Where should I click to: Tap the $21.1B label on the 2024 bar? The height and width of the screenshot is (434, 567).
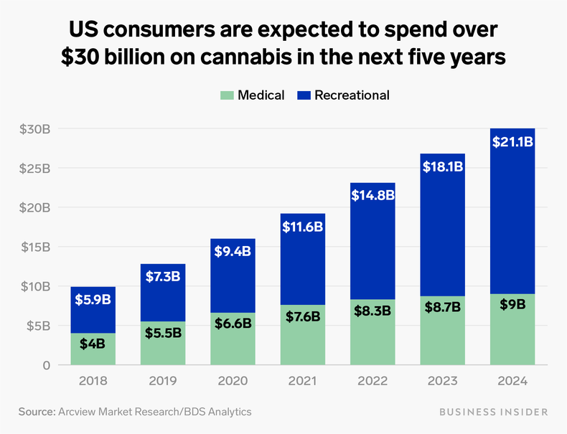tap(512, 142)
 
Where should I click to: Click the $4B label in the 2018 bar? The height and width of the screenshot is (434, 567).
tap(93, 343)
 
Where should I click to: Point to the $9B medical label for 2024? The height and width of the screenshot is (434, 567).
tap(512, 304)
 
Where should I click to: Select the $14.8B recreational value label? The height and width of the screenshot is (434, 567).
tap(372, 194)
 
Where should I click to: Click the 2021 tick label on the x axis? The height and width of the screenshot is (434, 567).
tap(303, 382)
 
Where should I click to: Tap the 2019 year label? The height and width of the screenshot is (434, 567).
tap(162, 382)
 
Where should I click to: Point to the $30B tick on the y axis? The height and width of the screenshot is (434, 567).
tap(32, 129)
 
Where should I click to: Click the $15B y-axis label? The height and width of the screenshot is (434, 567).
tap(32, 247)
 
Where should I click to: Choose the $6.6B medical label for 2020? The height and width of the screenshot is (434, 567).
tap(233, 323)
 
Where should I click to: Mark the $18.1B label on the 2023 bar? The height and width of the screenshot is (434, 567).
tap(443, 167)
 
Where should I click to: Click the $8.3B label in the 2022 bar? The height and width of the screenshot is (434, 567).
tap(372, 311)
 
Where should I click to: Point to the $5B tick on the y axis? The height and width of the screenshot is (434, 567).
tap(35, 326)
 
